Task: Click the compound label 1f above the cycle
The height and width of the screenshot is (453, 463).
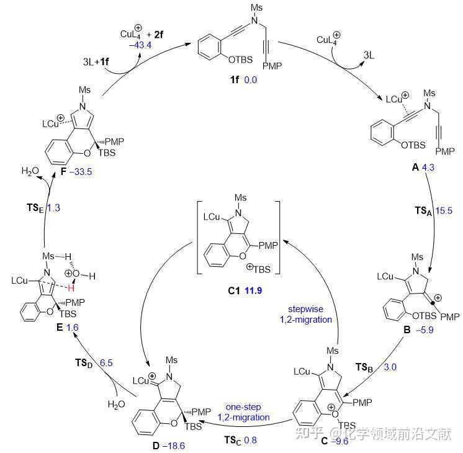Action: pos(233,81)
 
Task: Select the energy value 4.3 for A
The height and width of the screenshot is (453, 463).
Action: pos(429,167)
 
